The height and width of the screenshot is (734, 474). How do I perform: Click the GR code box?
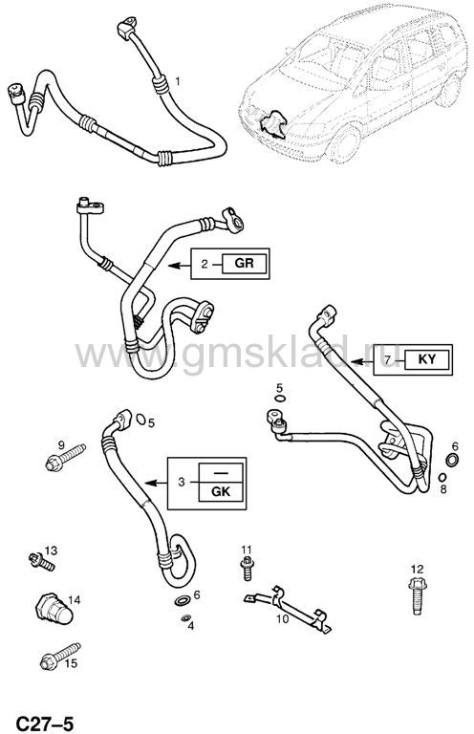(245, 263)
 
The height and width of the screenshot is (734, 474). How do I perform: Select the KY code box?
(427, 359)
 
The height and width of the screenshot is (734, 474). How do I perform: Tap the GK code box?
(221, 492)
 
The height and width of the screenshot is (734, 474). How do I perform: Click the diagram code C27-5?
(46, 723)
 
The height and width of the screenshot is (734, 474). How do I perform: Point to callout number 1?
(178, 81)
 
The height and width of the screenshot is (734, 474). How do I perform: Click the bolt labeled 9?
(65, 458)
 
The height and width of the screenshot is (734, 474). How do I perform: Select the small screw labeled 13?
(42, 561)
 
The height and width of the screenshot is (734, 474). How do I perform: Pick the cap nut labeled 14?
(54, 609)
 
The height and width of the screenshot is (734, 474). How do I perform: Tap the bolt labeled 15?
(60, 657)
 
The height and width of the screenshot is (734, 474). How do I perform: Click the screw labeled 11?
(247, 569)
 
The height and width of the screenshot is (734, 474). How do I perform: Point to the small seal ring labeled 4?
(185, 618)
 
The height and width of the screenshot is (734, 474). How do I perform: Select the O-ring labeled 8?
(442, 477)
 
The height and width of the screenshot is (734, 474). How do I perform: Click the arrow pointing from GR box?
(180, 266)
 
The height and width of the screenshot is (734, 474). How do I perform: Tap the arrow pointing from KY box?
(362, 361)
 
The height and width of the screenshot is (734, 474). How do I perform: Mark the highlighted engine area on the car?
(272, 124)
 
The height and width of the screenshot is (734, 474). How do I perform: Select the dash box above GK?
(221, 473)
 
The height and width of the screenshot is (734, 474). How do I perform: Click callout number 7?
(387, 359)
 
